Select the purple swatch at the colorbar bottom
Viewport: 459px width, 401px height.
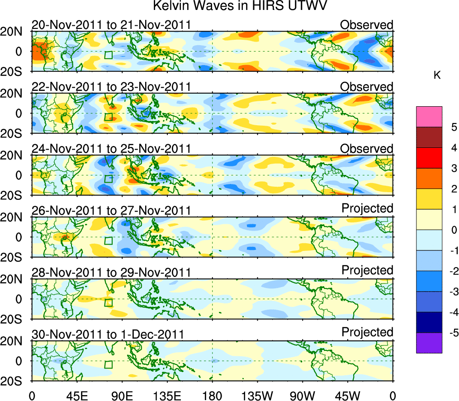429,343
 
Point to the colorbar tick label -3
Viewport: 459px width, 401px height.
450,292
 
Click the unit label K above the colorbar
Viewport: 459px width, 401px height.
437,75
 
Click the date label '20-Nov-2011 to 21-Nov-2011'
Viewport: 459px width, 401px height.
111,25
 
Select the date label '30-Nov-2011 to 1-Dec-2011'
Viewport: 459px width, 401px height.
108,335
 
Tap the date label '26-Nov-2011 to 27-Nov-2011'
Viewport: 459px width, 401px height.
111,211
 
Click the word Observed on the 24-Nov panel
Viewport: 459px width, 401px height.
367,149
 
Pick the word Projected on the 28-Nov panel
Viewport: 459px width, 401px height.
367,270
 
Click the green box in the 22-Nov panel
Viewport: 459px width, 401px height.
108,117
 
